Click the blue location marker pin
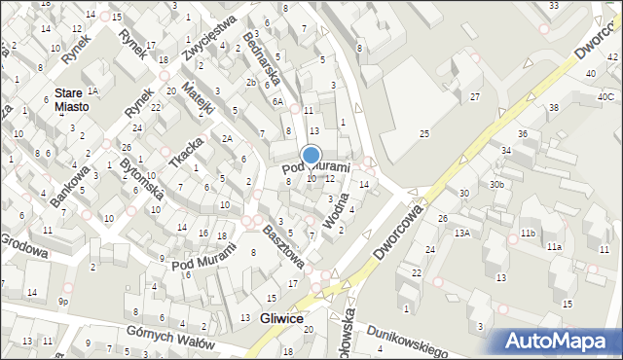pyautogui.click(x=311, y=156)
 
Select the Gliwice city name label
pyautogui.click(x=282, y=319)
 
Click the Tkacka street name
pyautogui.click(x=186, y=153)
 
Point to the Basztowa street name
pyautogui.click(x=284, y=247)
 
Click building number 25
pyautogui.click(x=423, y=132)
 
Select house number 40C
pyautogui.click(x=605, y=97)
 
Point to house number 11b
pyautogui.click(x=527, y=234)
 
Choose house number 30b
pyautogui.click(x=496, y=184)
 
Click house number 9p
pyautogui.click(x=62, y=301)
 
